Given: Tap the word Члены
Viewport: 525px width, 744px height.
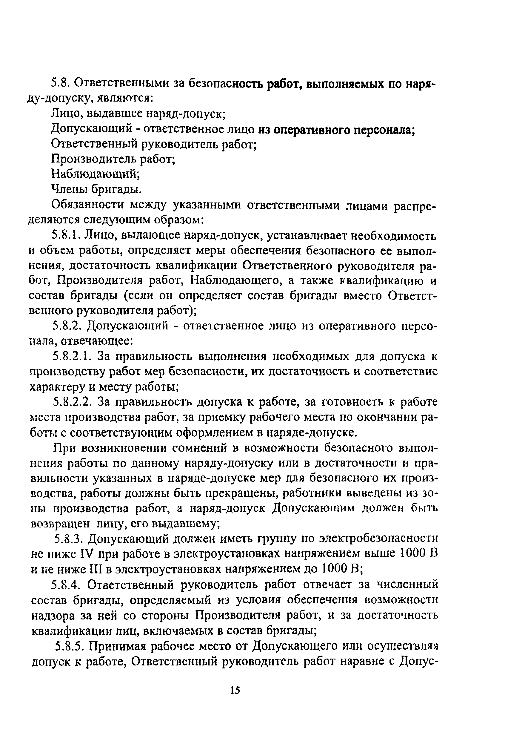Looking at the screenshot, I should coord(69,189).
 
